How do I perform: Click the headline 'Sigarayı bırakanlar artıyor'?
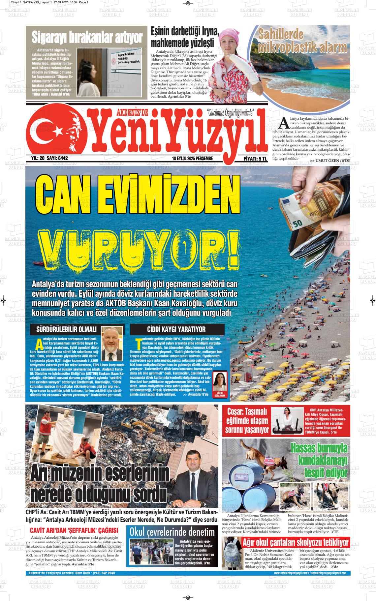point(87,38)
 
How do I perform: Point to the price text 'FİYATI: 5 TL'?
point(255,159)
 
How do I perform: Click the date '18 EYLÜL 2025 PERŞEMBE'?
point(192,159)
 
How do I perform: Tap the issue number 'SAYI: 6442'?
point(57,158)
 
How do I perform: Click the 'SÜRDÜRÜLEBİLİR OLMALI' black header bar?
point(64,329)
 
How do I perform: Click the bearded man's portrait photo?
point(111,343)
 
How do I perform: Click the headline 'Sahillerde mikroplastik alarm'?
point(302,42)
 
